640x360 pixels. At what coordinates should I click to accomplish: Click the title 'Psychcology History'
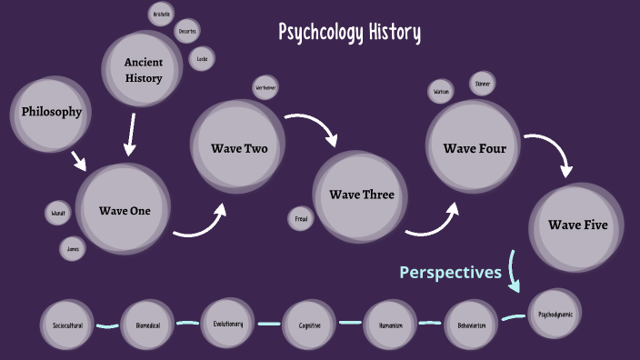click(x=349, y=33)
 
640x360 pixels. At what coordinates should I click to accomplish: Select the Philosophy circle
click(x=52, y=113)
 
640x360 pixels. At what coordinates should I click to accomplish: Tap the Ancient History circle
click(x=144, y=70)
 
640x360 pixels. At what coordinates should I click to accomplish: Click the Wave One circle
click(x=125, y=211)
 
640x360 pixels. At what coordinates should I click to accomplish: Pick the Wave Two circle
click(x=239, y=147)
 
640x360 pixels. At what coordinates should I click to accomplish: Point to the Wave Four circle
click(x=475, y=148)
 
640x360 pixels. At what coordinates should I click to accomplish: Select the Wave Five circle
click(x=577, y=225)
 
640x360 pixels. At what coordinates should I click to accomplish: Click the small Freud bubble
click(x=301, y=218)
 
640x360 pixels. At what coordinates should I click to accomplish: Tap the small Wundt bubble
click(x=57, y=214)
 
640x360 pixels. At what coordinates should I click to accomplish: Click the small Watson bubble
click(x=441, y=92)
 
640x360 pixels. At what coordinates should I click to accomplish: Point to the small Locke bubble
click(x=202, y=59)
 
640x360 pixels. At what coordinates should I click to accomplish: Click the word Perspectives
click(x=450, y=272)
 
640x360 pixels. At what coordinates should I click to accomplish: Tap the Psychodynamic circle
click(x=555, y=315)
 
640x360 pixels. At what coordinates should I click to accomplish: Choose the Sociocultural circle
click(x=67, y=325)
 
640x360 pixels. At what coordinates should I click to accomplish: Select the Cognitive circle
click(x=310, y=325)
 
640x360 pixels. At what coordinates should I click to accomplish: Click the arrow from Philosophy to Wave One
click(x=79, y=161)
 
